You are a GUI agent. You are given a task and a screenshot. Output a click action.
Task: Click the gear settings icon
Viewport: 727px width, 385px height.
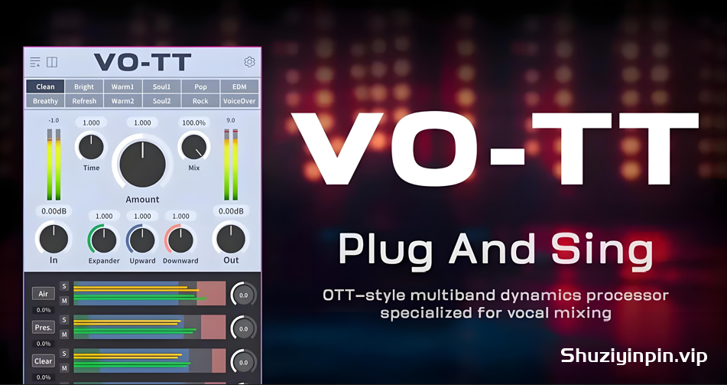pos(249,62)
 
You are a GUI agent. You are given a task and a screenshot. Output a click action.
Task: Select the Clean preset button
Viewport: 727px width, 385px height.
pos(45,86)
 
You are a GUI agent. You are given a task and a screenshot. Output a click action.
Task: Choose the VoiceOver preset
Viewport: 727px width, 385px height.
pos(239,101)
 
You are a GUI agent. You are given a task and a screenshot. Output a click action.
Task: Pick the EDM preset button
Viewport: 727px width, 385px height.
pos(239,86)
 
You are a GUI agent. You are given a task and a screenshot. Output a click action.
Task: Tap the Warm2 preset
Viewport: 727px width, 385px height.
pos(122,101)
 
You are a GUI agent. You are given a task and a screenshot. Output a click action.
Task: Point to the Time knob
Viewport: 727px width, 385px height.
pos(91,147)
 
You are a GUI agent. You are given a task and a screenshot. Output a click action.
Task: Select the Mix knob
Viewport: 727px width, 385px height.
pos(194,147)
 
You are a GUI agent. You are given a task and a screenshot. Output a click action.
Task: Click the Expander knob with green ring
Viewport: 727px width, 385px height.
pos(103,240)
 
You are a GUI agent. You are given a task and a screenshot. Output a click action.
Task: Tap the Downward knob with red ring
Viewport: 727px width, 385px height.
pos(180,240)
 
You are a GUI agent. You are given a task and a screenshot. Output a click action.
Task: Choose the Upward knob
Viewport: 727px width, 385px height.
pos(142,240)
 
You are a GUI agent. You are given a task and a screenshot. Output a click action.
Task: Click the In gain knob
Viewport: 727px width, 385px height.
pos(54,239)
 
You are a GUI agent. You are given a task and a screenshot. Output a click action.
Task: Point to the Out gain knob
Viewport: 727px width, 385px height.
pos(231,239)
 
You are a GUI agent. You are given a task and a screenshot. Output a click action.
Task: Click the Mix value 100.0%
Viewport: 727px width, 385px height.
pos(194,122)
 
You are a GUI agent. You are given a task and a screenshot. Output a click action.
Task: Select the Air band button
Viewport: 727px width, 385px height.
pos(43,293)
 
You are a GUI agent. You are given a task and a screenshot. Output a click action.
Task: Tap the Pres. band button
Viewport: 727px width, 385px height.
pos(43,328)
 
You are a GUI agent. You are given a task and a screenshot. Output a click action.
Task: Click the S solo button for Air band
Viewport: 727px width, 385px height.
pos(64,286)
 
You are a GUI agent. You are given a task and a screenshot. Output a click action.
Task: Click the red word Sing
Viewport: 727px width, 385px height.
pos(602,250)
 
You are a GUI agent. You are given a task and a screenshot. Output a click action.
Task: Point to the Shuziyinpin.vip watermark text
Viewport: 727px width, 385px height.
pos(634,356)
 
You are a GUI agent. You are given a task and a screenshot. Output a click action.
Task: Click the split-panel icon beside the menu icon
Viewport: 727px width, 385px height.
pos(52,62)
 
